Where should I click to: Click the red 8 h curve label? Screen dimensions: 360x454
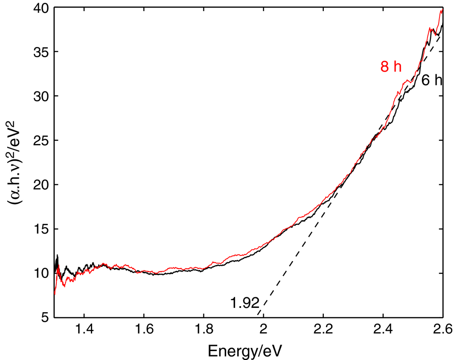point(391,67)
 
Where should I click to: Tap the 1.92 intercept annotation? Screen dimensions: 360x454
point(244,303)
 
